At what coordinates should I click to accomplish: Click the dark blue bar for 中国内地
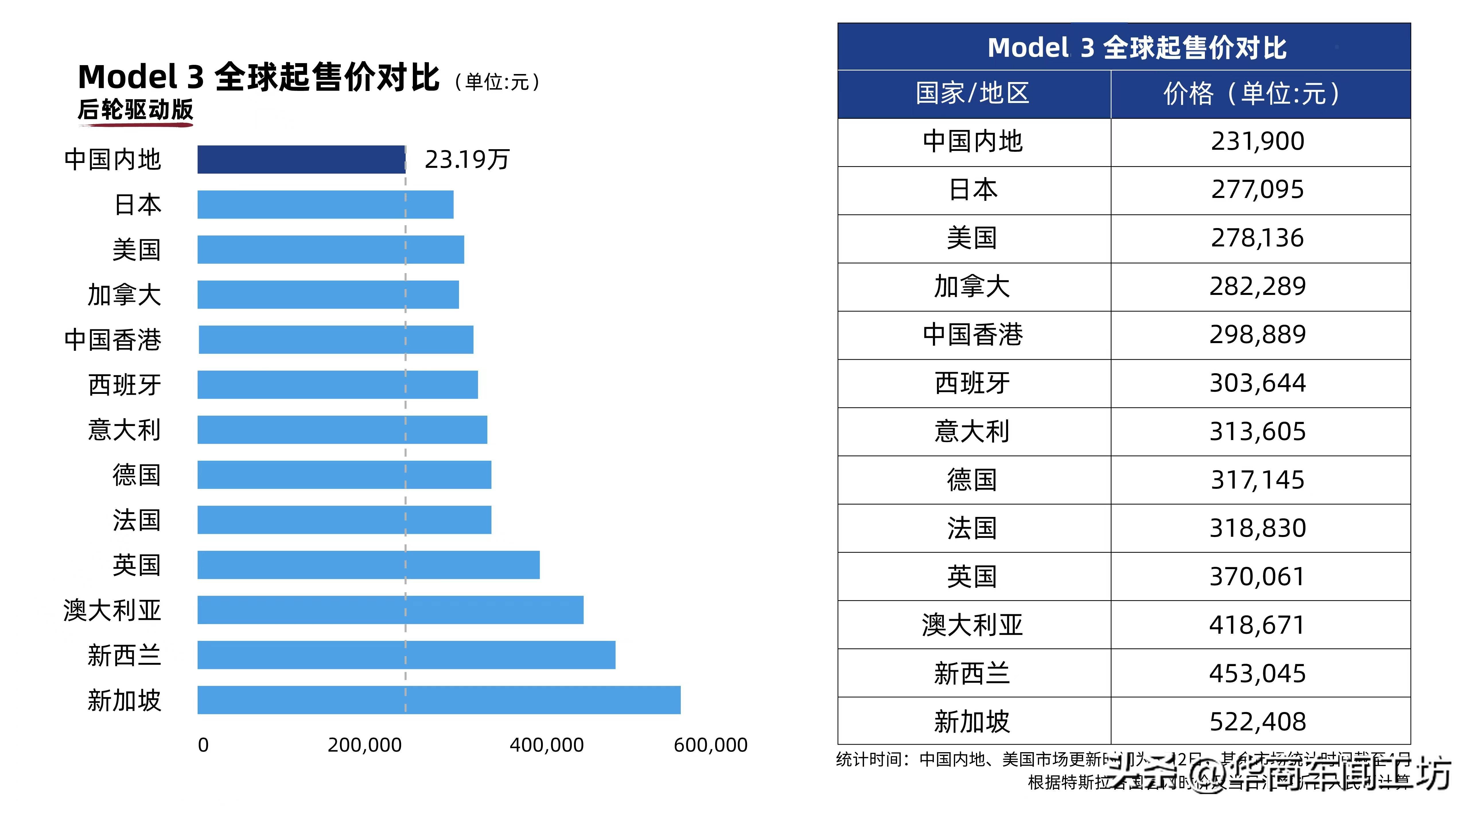click(x=302, y=159)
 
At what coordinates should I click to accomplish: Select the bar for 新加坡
click(x=439, y=700)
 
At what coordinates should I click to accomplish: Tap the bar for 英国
click(x=368, y=565)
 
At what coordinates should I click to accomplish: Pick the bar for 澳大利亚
click(x=390, y=610)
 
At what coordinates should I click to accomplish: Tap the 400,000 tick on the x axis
click(x=547, y=745)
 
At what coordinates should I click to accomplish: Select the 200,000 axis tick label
click(x=364, y=745)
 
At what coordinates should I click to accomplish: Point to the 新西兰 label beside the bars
click(x=124, y=655)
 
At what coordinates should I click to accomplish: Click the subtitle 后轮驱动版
click(x=136, y=110)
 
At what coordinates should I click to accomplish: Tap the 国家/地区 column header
click(x=973, y=94)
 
